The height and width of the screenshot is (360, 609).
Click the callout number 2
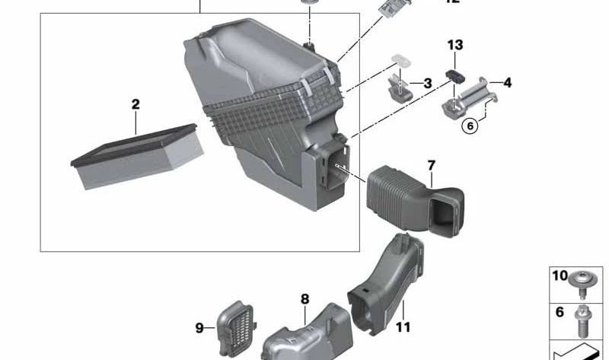(136, 104)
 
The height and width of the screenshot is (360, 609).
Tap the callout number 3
(427, 82)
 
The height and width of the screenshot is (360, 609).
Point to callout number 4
(507, 81)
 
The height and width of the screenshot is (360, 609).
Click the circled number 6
(470, 126)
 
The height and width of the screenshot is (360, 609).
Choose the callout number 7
(431, 165)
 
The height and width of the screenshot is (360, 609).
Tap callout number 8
(304, 299)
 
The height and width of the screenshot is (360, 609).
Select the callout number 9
(199, 328)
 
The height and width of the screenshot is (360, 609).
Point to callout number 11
(403, 327)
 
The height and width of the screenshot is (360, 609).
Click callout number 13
(454, 46)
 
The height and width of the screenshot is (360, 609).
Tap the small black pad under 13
(454, 75)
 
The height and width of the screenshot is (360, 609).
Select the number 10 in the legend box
(560, 276)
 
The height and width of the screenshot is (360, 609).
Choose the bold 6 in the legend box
(560, 313)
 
